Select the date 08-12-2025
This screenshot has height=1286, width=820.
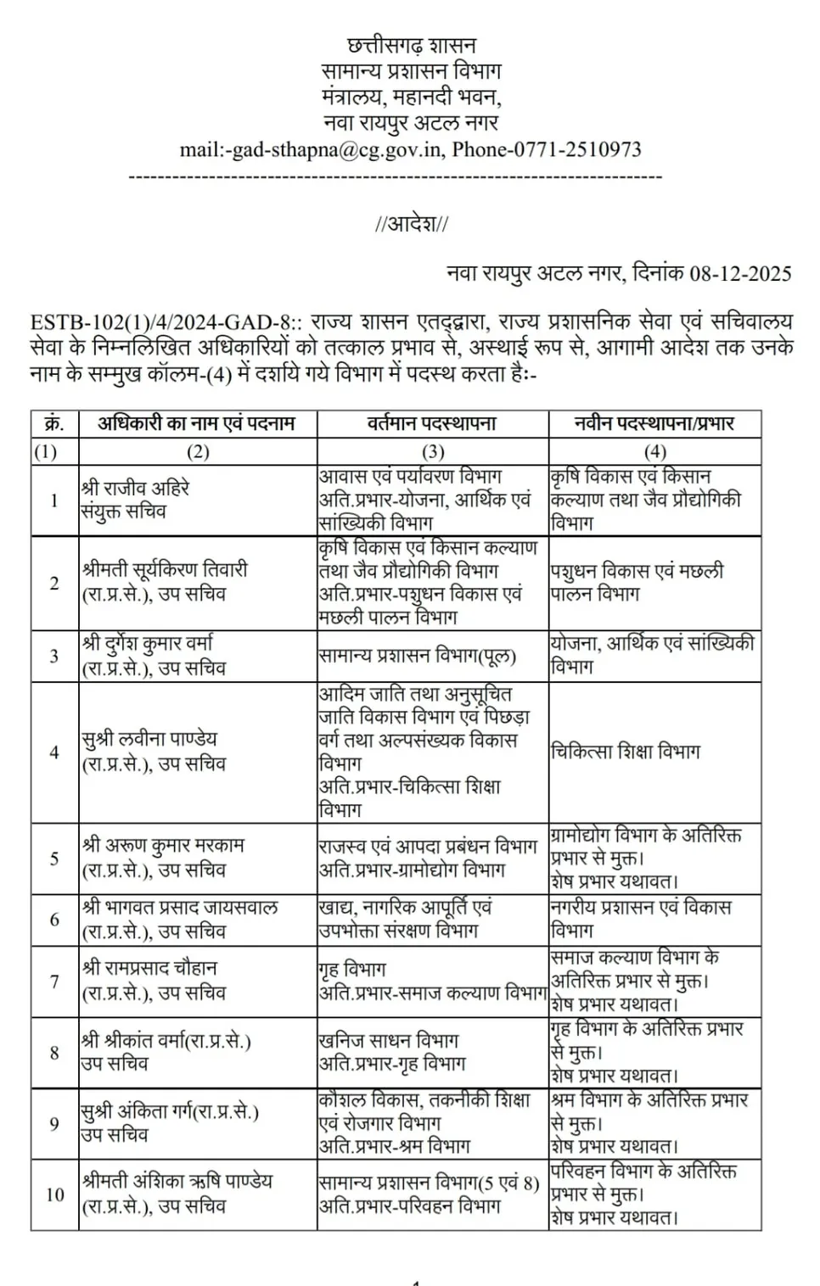pyautogui.click(x=740, y=274)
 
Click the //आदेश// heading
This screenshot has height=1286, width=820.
pyautogui.click(x=412, y=224)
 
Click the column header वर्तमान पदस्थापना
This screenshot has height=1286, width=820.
pyautogui.click(x=432, y=423)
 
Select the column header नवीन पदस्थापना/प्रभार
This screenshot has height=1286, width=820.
pyautogui.click(x=654, y=423)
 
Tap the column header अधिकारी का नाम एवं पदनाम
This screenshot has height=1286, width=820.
pyautogui.click(x=196, y=423)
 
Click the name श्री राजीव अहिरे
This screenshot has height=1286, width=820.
pyautogui.click(x=135, y=489)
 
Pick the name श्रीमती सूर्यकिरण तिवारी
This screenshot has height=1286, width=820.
pyautogui.click(x=165, y=570)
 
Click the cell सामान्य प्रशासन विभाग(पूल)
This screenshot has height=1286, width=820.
pyautogui.click(x=417, y=656)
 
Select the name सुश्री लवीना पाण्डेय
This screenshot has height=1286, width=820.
pyautogui.click(x=149, y=739)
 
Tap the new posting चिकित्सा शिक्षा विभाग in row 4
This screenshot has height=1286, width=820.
pyautogui.click(x=626, y=752)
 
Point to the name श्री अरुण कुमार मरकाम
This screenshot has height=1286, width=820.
pyautogui.click(x=163, y=846)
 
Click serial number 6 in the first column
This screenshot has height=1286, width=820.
pyautogui.click(x=54, y=920)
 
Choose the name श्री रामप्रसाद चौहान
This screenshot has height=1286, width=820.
pyautogui.click(x=149, y=969)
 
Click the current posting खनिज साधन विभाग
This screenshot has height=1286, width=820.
pyautogui.click(x=388, y=1041)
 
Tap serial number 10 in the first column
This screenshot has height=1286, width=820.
pyautogui.click(x=54, y=1194)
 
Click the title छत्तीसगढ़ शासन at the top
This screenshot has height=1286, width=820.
pyautogui.click(x=412, y=45)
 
